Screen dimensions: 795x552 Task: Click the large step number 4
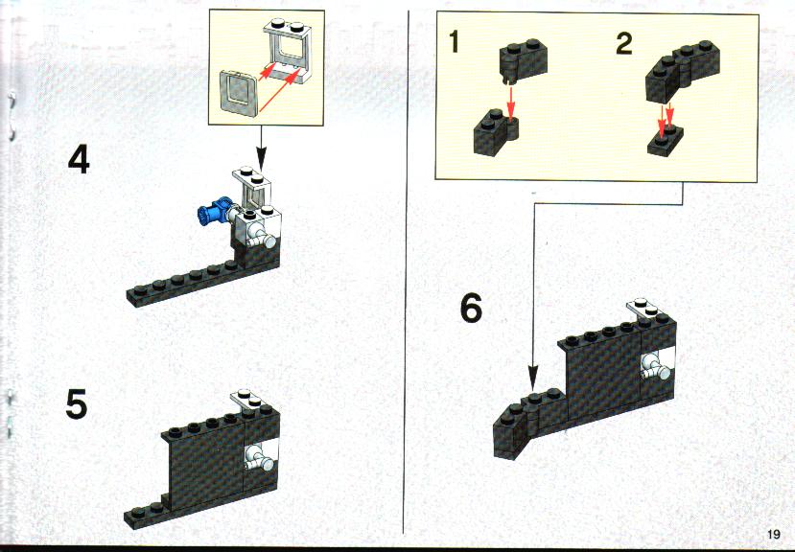click(79, 159)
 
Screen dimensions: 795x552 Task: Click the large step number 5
click(77, 404)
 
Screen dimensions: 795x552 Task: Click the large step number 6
click(471, 309)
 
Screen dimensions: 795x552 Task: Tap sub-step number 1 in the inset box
click(455, 41)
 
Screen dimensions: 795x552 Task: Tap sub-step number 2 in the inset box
click(624, 43)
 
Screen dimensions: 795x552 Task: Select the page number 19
click(773, 534)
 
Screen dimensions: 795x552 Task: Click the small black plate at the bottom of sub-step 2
click(666, 140)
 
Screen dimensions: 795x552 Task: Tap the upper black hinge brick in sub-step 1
click(523, 58)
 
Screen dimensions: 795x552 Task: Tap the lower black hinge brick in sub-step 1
click(496, 131)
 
